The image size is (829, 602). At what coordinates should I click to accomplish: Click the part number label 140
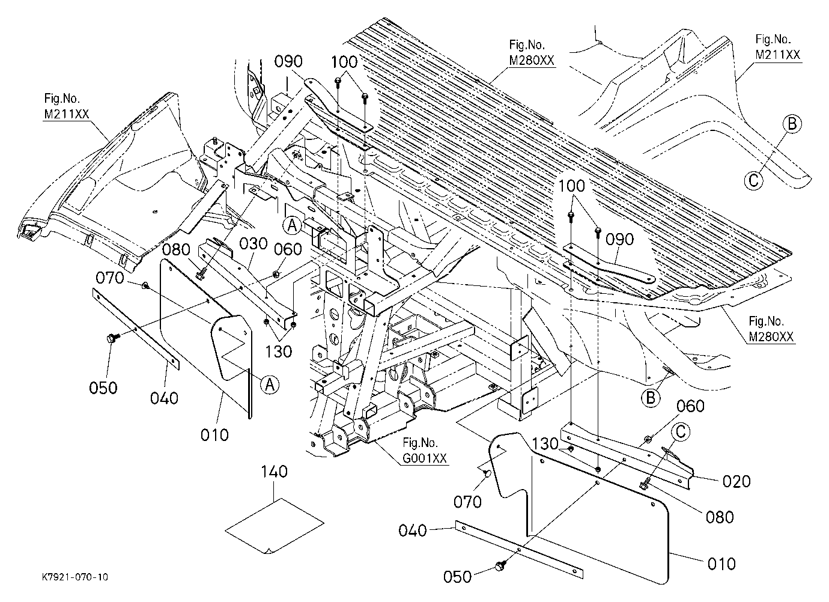[x=275, y=472]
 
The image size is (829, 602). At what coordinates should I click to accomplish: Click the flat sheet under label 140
[x=275, y=526]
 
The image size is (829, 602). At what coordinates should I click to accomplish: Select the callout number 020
[x=736, y=481]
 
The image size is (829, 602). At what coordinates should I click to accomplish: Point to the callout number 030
[x=253, y=244]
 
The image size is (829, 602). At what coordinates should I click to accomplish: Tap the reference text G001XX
[x=425, y=458]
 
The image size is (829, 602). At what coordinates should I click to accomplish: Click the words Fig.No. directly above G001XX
[x=420, y=442]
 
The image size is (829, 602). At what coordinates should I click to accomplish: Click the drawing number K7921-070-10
[x=75, y=577]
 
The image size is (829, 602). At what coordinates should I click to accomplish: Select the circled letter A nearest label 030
[x=292, y=225]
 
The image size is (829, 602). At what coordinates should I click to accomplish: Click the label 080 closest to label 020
[x=720, y=517]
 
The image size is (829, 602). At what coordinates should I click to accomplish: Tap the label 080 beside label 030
[x=176, y=250]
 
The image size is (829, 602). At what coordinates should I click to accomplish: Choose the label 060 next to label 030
[x=288, y=249]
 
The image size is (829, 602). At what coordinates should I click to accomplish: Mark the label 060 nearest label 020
[x=690, y=406]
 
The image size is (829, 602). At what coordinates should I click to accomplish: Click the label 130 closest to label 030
[x=278, y=351]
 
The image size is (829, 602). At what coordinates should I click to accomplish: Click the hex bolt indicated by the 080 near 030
[x=200, y=275]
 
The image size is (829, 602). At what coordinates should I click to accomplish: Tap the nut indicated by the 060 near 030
[x=276, y=274]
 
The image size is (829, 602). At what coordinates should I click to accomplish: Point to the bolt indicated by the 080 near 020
[x=645, y=482]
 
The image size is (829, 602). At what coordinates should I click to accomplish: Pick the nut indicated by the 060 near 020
[x=648, y=439]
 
